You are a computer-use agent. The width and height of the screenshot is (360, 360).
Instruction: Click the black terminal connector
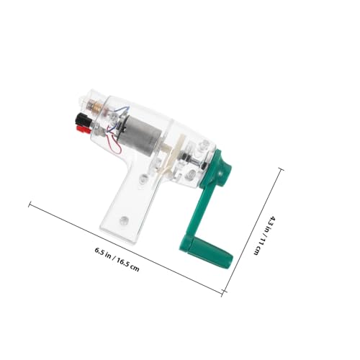tap(83, 119)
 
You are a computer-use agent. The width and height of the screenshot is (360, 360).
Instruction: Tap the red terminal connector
tap(83, 129)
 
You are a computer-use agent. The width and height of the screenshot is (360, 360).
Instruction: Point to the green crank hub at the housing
tap(222, 171)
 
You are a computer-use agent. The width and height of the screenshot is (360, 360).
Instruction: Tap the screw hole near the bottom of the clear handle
tap(124, 220)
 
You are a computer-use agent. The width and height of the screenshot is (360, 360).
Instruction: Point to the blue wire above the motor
tap(122, 110)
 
